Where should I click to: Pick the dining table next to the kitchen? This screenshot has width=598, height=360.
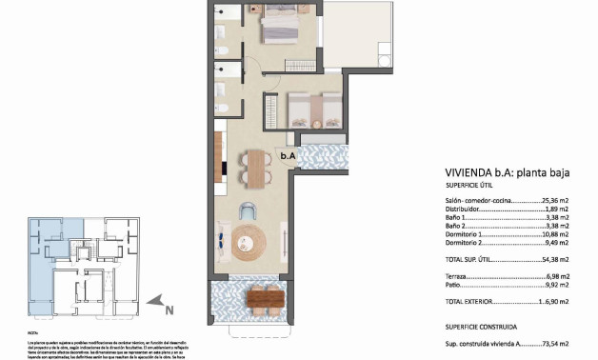coord(254,170)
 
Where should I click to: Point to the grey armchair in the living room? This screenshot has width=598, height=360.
coord(249,211)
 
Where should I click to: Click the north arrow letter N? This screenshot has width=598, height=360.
coord(168,309)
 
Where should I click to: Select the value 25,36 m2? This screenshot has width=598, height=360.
coord(548,201)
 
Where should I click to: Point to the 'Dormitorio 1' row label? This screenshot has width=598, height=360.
coord(469,233)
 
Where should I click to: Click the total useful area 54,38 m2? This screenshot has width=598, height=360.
coord(549,259)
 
